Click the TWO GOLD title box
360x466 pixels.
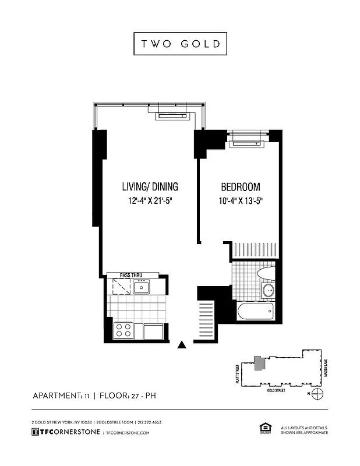point(180,44)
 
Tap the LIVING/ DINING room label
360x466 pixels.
point(150,187)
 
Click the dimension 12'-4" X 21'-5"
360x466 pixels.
point(150,202)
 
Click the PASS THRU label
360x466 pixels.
point(131,275)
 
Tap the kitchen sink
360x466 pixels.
point(141,287)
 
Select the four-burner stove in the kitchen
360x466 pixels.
point(123,330)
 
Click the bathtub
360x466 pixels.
point(256,310)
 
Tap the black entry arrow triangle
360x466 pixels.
point(182,345)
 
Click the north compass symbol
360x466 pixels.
point(317,394)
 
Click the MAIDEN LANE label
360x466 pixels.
point(327,367)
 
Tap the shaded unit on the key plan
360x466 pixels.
point(259,363)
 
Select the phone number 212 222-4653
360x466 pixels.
point(150,422)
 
